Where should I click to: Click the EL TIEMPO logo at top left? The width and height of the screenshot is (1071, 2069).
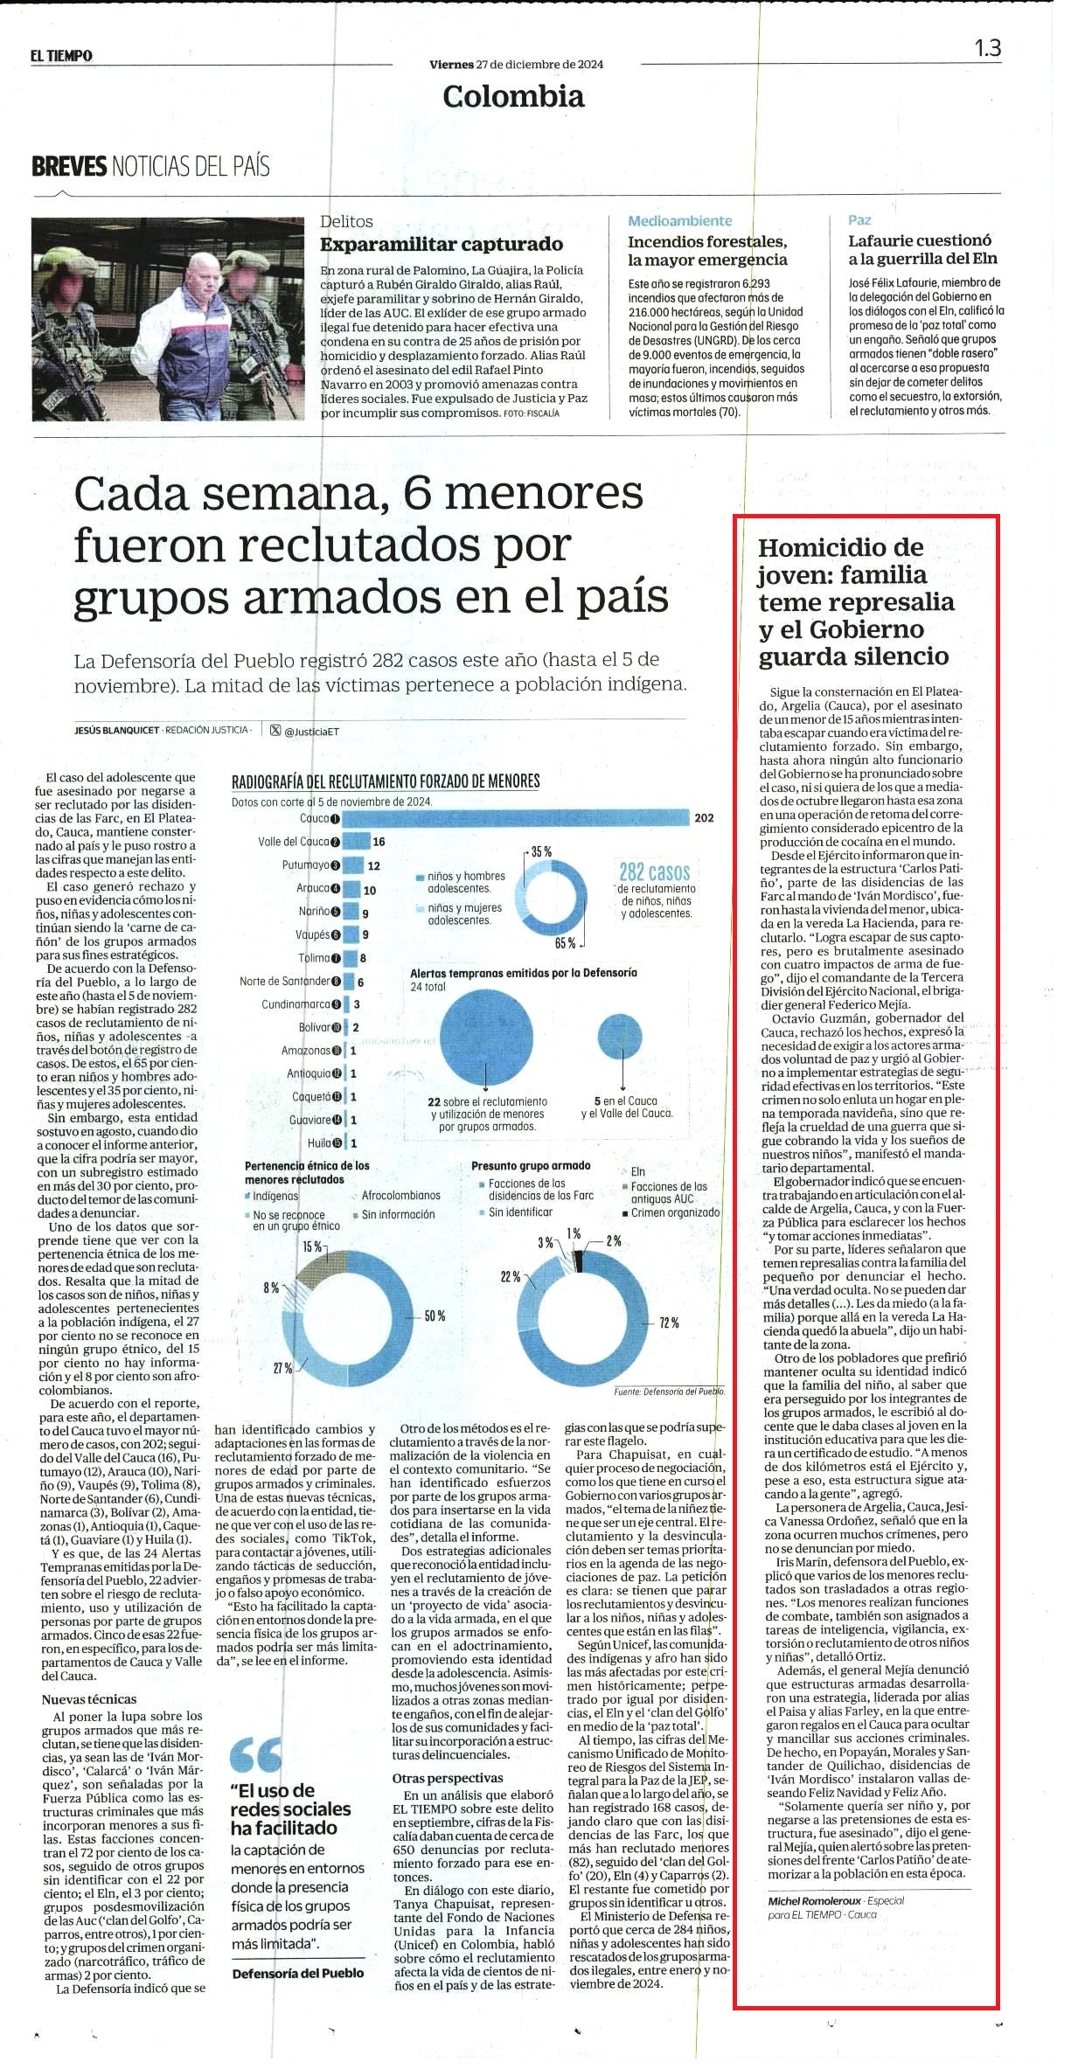(x=61, y=56)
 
